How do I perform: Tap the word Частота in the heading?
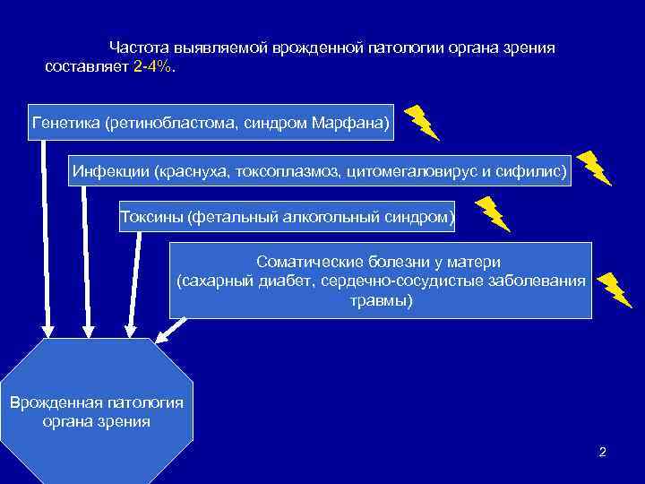pos(137,47)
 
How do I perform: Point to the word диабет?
pos(282,281)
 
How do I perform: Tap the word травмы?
pos(381,300)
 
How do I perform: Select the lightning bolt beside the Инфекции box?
pos(593,167)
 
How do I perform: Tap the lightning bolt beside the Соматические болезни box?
pos(615,289)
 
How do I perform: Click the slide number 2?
pos(603,452)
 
